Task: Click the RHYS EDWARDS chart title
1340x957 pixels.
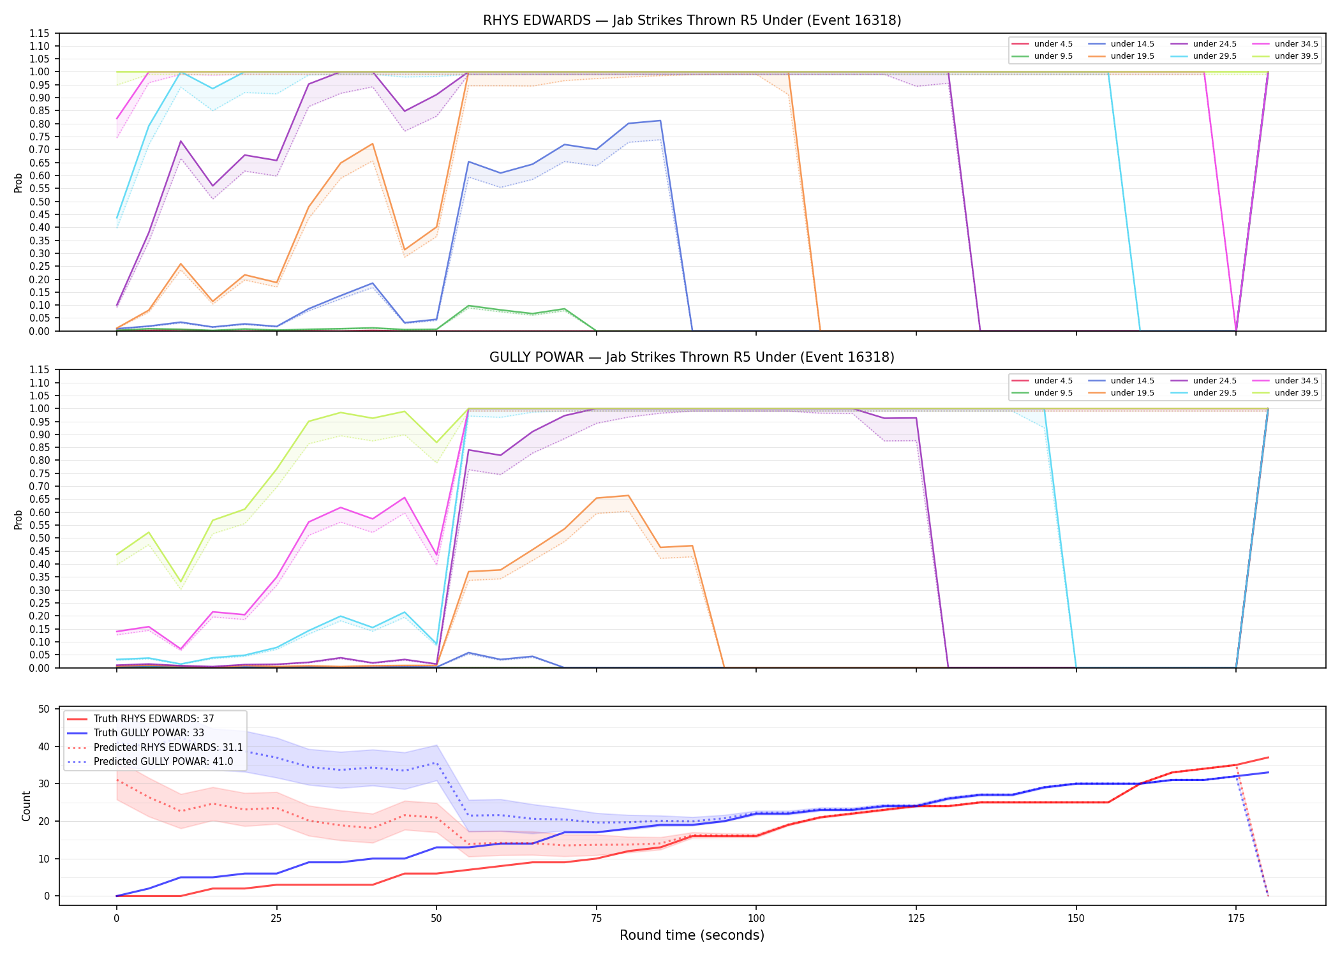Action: click(692, 20)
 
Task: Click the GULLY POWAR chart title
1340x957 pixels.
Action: click(692, 357)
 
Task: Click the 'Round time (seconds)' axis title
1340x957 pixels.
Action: click(692, 935)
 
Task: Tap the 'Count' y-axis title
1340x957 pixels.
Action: click(26, 806)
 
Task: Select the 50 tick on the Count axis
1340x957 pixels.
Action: click(44, 709)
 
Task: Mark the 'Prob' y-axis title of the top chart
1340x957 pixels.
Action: click(19, 182)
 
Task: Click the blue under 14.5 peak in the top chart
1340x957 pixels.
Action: click(660, 121)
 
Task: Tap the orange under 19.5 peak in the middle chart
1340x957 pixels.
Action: click(629, 496)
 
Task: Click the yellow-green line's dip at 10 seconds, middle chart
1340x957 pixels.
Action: click(181, 582)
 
